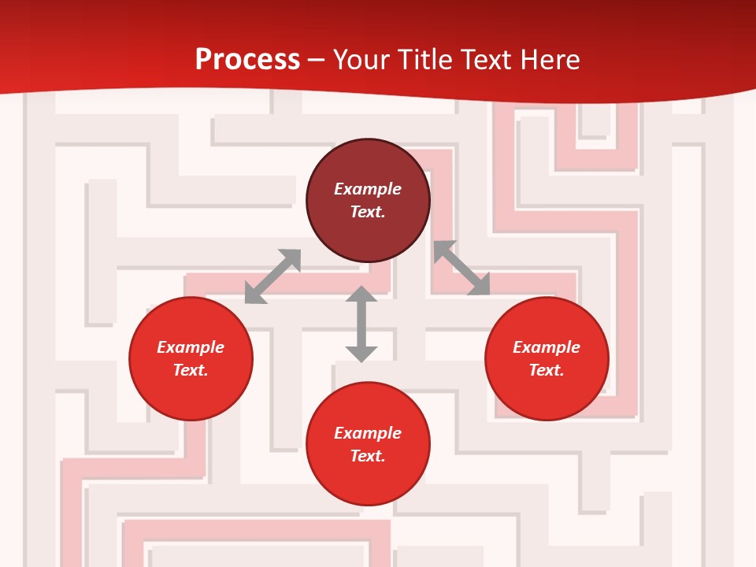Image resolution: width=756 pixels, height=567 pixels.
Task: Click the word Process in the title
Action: [x=247, y=60]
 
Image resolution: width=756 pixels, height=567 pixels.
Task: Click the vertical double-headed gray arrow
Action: [x=361, y=324]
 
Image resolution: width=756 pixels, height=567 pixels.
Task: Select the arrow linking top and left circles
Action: [x=272, y=276]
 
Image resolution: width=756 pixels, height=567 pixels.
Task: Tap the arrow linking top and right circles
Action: [x=461, y=268]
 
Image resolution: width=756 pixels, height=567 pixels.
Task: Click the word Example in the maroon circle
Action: [x=368, y=189]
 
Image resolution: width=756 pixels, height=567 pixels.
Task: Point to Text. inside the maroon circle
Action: [x=368, y=212]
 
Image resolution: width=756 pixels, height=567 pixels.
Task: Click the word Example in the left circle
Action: [x=191, y=347]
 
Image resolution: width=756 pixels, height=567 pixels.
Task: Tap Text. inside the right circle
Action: [x=547, y=370]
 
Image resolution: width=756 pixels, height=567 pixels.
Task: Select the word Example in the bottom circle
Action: [x=368, y=433]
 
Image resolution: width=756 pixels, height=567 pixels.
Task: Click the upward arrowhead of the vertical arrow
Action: [x=361, y=295]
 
